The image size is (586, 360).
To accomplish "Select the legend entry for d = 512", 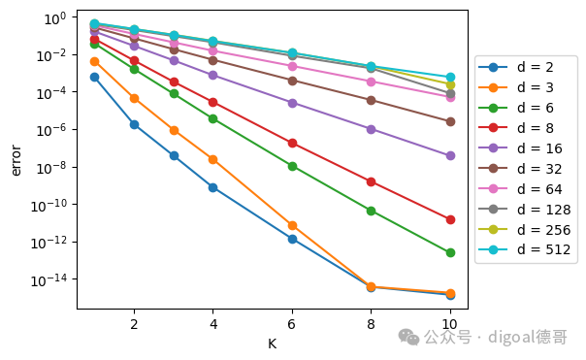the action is click(x=524, y=249).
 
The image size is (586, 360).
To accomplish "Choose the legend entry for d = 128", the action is click(x=524, y=210).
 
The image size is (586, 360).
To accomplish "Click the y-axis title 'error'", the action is click(x=16, y=160).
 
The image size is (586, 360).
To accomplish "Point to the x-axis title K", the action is click(x=272, y=344).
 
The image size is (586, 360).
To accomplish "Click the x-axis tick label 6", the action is click(x=292, y=324).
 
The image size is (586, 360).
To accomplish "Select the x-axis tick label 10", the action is click(x=449, y=324).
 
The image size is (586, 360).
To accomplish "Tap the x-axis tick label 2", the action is click(x=134, y=324).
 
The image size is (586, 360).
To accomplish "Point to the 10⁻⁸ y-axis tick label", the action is click(x=51, y=168).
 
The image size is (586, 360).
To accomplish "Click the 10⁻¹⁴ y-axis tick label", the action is click(x=49, y=280).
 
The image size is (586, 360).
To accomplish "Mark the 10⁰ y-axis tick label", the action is click(x=55, y=18).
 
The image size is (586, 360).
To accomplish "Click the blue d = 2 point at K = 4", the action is click(x=213, y=187).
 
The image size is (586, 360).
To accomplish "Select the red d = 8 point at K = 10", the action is click(x=450, y=220).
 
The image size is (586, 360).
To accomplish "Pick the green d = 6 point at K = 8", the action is click(x=371, y=212).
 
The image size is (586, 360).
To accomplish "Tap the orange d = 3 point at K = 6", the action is click(x=292, y=226).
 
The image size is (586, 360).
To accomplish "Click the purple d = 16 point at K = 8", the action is click(x=371, y=130).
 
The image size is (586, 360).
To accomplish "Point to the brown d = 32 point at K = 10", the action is click(x=450, y=122).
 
